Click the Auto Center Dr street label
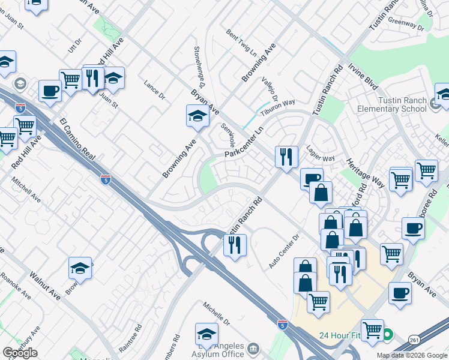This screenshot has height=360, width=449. [x=284, y=251]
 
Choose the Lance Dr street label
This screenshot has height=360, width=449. [x=154, y=90]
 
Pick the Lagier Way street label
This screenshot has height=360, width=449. [x=320, y=156]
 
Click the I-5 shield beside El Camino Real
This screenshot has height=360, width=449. [x=106, y=179]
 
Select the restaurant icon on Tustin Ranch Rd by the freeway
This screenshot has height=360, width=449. [x=235, y=245]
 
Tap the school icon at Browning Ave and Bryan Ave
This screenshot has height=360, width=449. [x=197, y=115]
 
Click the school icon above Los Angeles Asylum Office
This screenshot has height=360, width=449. [x=206, y=334]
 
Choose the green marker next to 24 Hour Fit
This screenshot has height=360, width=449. [x=388, y=335]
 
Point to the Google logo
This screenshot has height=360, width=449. [x=20, y=353]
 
